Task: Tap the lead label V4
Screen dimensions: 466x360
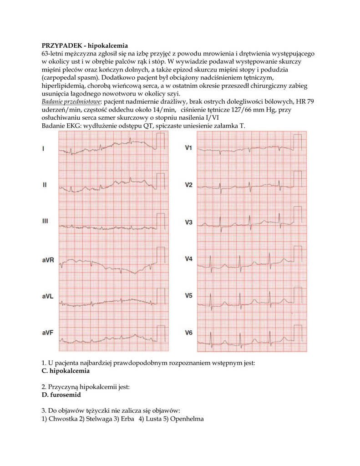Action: (x=188, y=259)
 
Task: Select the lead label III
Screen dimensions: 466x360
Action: (x=45, y=222)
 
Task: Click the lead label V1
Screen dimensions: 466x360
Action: (x=188, y=148)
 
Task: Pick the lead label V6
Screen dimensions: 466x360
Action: (x=188, y=333)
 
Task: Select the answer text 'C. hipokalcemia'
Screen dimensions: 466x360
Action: (x=66, y=371)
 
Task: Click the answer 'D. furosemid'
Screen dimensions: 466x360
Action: (x=61, y=395)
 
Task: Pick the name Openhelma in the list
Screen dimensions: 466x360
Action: (x=187, y=419)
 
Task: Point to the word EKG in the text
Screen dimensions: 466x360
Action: (x=72, y=125)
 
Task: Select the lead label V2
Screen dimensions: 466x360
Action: (x=188, y=185)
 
